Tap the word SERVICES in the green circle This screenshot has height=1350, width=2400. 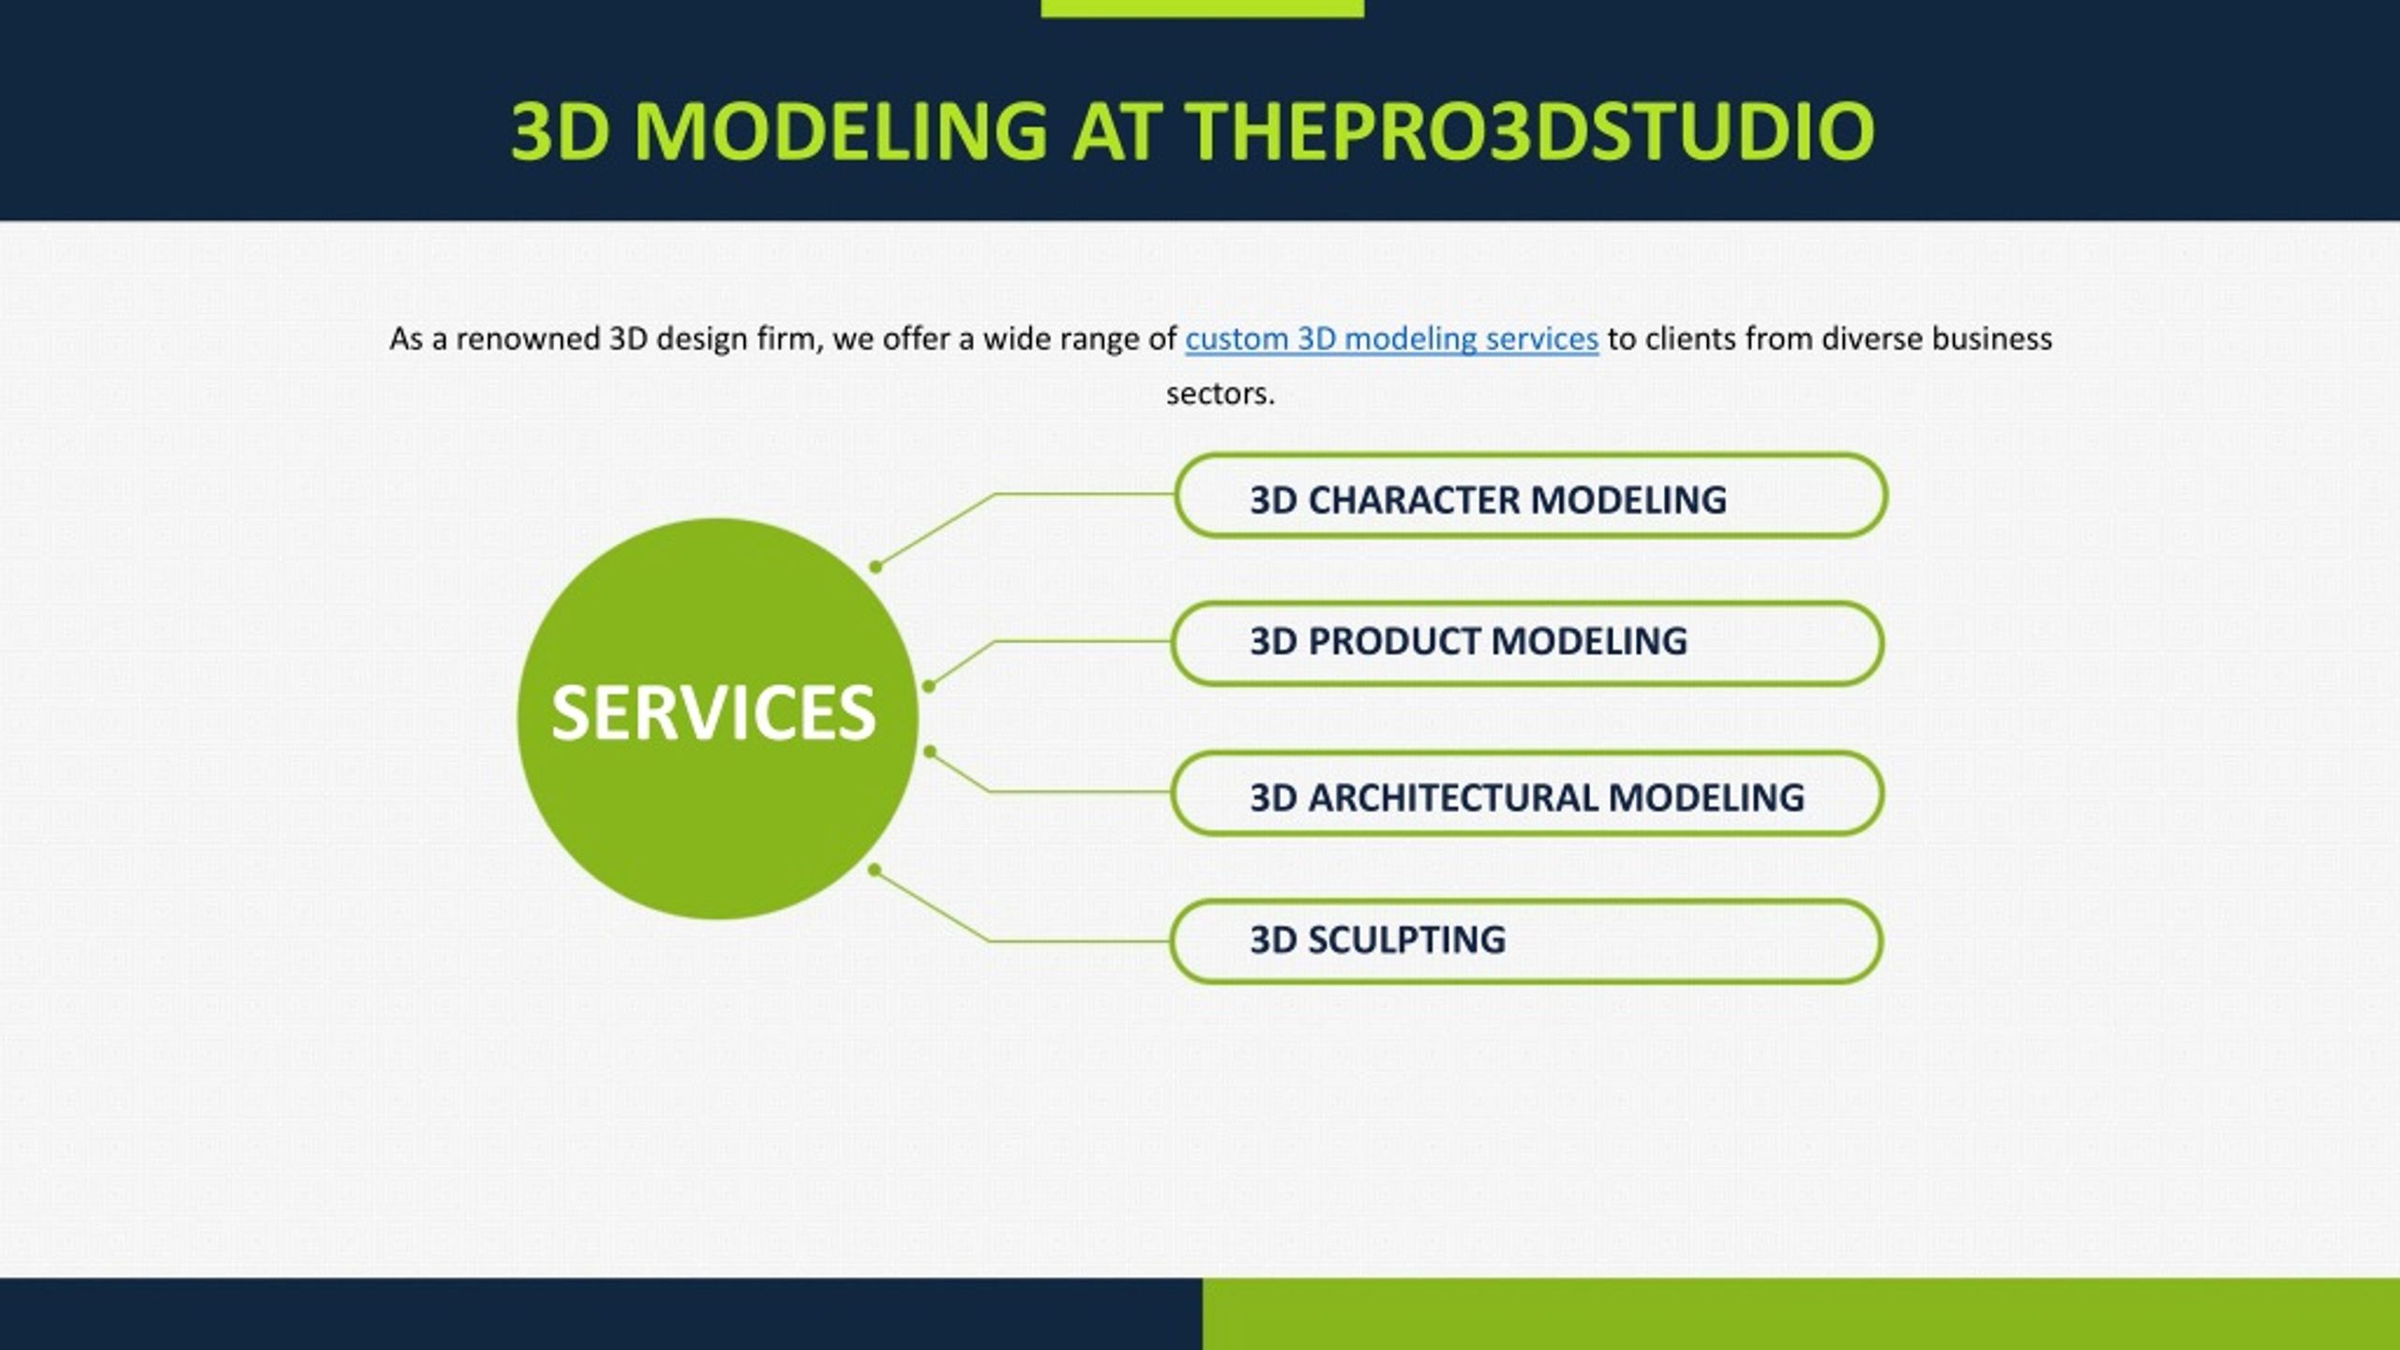713,713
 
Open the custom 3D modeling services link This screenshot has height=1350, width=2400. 1391,338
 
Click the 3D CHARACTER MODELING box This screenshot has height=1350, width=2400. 1530,496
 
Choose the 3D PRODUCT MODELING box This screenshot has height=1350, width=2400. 1527,643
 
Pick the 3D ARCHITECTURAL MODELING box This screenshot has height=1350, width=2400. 1527,793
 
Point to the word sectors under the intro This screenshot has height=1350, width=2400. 1221,395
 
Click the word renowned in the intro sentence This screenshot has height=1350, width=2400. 527,338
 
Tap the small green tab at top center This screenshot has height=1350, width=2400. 1202,8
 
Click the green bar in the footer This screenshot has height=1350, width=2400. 1801,1313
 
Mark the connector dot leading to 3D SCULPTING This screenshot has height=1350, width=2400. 875,870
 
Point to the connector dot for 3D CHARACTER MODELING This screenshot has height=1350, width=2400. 876,566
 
